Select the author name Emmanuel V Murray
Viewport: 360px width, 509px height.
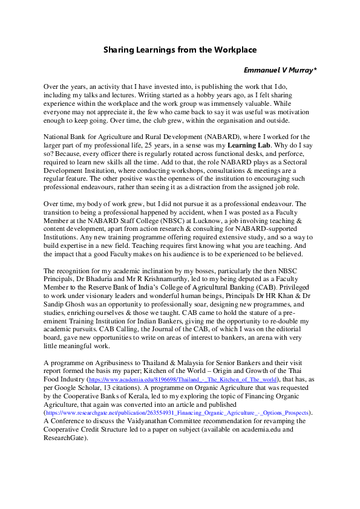pyautogui.click(x=279, y=71)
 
